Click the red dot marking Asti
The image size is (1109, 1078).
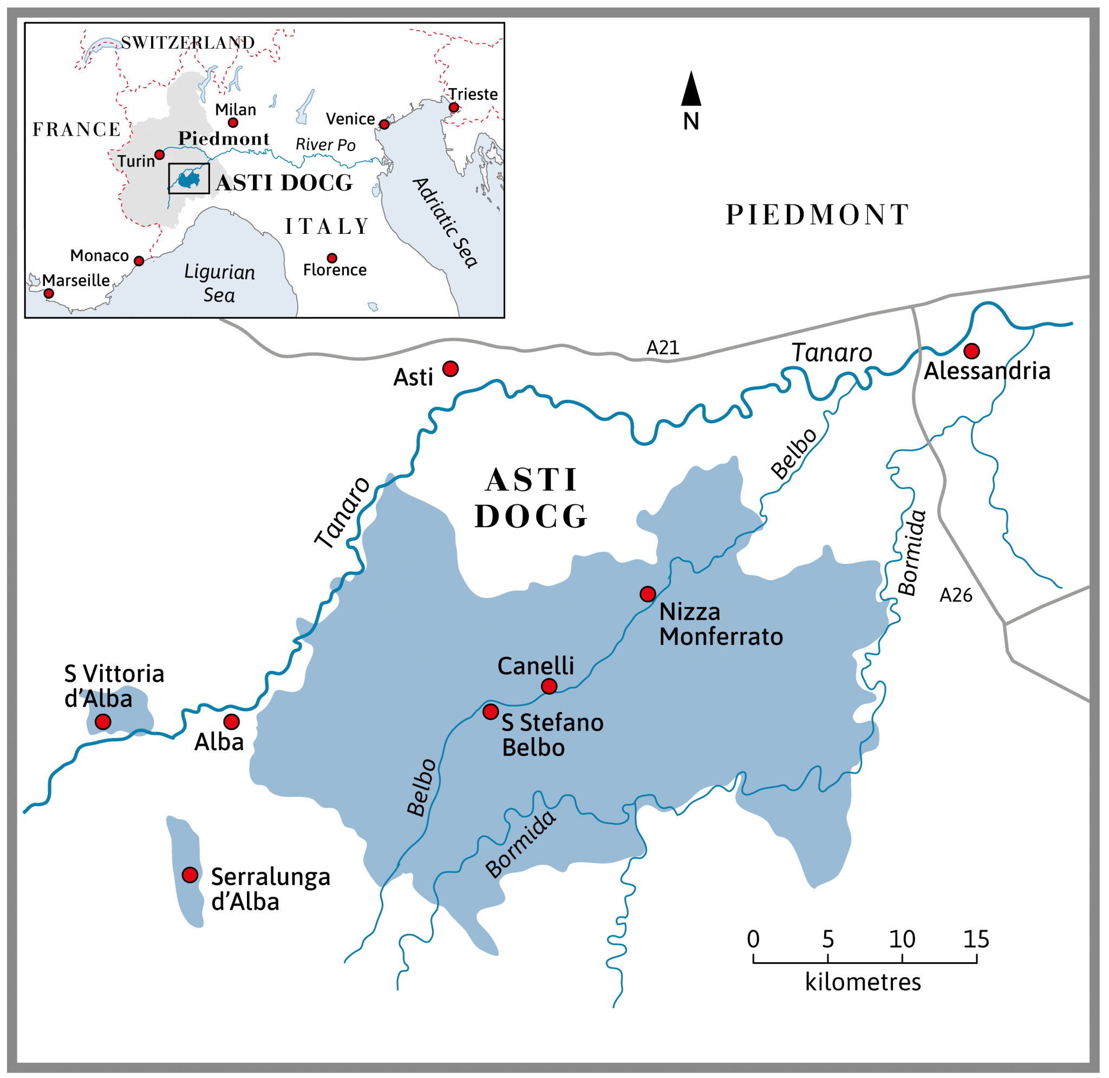[x=451, y=369]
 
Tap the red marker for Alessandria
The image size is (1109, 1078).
[x=971, y=351]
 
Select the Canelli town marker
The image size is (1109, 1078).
[x=549, y=686]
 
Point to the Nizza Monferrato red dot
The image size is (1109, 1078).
[x=648, y=594]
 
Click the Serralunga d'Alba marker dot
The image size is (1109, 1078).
[x=190, y=875]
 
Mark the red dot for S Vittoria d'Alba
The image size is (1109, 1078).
[x=102, y=721]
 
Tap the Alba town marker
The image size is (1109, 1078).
[x=231, y=721]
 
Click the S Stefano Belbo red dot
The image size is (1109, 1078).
[x=491, y=711]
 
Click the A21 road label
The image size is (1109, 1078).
[x=663, y=347]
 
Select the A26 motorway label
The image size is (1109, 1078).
[x=956, y=595]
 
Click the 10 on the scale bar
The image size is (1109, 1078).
[x=902, y=939]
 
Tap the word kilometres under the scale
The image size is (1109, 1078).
[x=863, y=982]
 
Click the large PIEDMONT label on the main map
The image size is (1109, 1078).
[x=817, y=215]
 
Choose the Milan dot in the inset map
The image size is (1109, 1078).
[x=233, y=122]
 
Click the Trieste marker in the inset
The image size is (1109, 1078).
[x=454, y=108]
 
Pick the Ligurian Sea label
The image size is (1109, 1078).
[x=219, y=283]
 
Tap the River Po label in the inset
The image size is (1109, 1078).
[x=325, y=145]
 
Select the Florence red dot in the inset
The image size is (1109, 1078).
[x=332, y=258]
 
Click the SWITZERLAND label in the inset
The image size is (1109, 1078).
[x=187, y=42]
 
